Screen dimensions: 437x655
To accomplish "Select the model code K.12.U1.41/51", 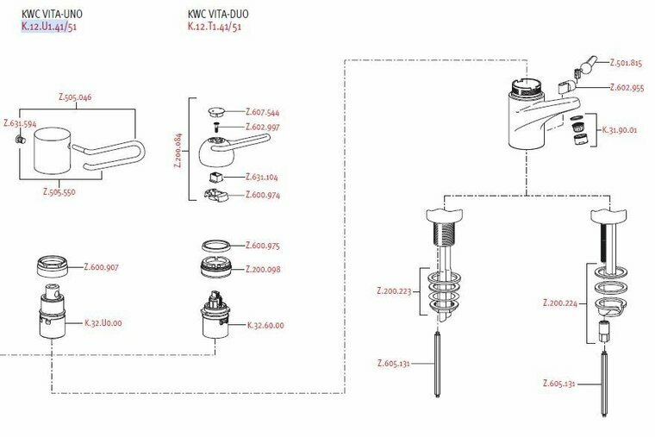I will [x=50, y=27].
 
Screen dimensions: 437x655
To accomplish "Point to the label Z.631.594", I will [x=20, y=124].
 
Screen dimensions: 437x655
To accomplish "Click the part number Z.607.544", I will [x=262, y=112].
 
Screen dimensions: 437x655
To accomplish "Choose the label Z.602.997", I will [x=262, y=128].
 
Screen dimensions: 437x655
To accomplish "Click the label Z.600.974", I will [x=262, y=195].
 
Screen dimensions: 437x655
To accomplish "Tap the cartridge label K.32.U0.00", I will [x=103, y=323].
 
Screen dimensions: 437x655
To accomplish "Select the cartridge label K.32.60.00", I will [x=265, y=325].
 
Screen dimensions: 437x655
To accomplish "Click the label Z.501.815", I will [x=627, y=63].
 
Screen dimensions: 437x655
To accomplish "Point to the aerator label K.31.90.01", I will [x=619, y=129].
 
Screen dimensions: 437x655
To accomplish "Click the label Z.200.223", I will [x=395, y=291].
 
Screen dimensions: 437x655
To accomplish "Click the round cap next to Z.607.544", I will [x=217, y=111].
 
